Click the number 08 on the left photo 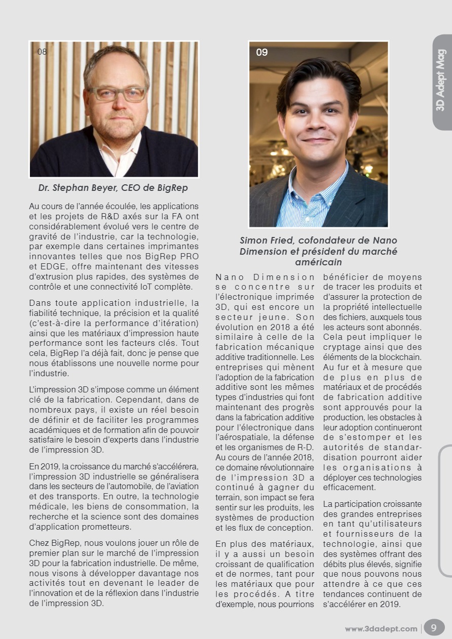(x=42, y=52)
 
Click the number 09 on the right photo (x=262, y=52)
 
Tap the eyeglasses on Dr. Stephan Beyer (x=117, y=94)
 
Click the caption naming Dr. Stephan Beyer (x=113, y=188)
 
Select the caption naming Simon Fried (x=318, y=251)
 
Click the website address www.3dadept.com (x=381, y=629)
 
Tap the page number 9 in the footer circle (x=433, y=628)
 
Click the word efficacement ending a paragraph (x=349, y=488)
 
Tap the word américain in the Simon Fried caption (x=318, y=262)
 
